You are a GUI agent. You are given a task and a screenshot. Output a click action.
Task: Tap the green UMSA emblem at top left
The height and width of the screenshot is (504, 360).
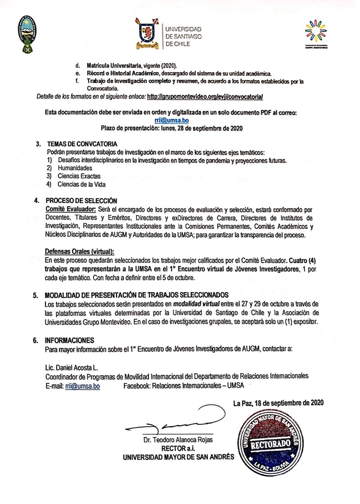click(27, 34)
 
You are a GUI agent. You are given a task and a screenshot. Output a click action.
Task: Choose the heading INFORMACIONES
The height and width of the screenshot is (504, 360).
click(69, 340)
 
